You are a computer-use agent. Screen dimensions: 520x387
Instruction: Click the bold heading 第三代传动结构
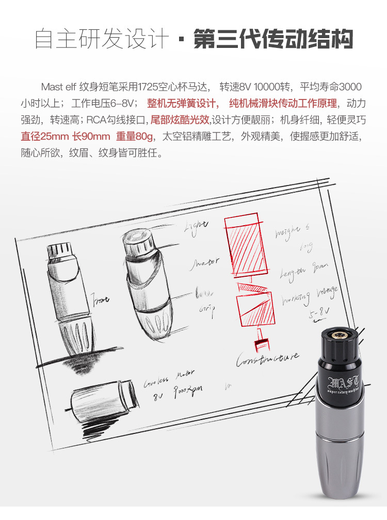273,39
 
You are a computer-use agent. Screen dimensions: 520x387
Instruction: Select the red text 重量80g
136,137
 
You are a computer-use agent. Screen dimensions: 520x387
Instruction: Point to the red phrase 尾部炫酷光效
180,120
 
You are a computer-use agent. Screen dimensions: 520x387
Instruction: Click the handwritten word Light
197,225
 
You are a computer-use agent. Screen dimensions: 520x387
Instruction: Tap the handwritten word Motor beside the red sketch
204,263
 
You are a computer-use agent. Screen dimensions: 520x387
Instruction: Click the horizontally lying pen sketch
101,401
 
